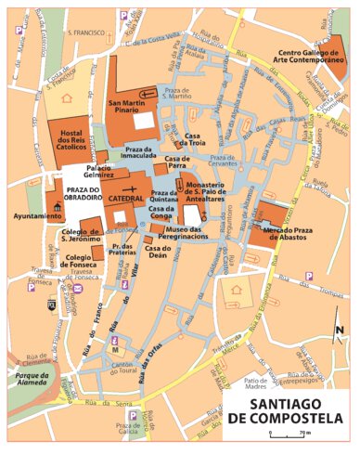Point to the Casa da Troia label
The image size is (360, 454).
tap(193, 139)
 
